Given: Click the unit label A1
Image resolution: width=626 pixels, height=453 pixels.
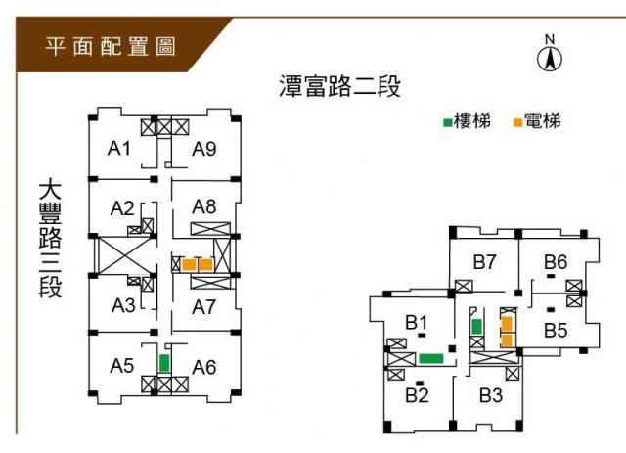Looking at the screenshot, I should point(119,149).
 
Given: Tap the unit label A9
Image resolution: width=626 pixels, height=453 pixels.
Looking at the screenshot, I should point(203,149).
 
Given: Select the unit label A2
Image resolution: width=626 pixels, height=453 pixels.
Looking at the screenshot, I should point(122,208).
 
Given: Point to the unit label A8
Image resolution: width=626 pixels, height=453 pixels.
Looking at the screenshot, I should point(203,206).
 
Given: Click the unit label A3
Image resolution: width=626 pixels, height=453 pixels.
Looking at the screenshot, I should point(123,305).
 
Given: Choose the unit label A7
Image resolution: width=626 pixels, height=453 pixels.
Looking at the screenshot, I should point(203,307).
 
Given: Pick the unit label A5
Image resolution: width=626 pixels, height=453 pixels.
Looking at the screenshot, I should point(121,366).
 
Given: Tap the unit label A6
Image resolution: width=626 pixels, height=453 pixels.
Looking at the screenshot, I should point(203,367).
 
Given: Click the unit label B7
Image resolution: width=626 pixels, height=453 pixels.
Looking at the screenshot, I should point(486,262).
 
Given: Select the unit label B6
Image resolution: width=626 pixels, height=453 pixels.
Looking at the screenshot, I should point(556,261).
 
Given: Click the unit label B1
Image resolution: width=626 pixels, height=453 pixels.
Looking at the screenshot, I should point(418,322).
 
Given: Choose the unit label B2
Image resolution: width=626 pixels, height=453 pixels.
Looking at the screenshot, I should point(418,395).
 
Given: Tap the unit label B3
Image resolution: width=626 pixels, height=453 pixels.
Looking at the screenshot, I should point(491,395).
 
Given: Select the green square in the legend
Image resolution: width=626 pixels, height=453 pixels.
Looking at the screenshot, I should point(447,123).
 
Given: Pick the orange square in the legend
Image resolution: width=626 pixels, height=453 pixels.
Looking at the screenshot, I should point(517,123).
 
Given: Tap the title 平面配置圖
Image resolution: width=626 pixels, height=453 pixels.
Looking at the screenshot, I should point(111,46).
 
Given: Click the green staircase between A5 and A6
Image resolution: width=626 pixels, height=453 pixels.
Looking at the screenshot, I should point(164,361).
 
